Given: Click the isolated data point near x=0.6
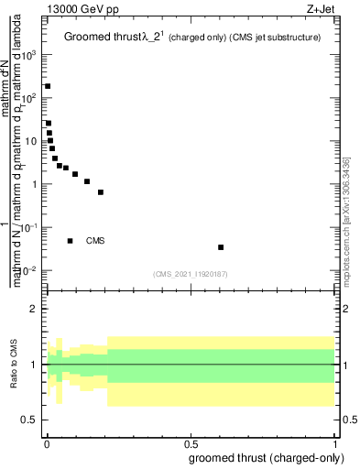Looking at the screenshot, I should [221, 247].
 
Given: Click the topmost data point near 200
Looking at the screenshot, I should [48, 86].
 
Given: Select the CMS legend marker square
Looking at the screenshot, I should [71, 241].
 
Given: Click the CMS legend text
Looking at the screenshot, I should [95, 241].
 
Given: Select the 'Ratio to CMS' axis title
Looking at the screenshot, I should [14, 365].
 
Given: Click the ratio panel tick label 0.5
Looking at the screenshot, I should [30, 420].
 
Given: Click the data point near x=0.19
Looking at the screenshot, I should [101, 192].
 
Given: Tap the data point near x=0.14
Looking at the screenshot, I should [87, 181].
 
